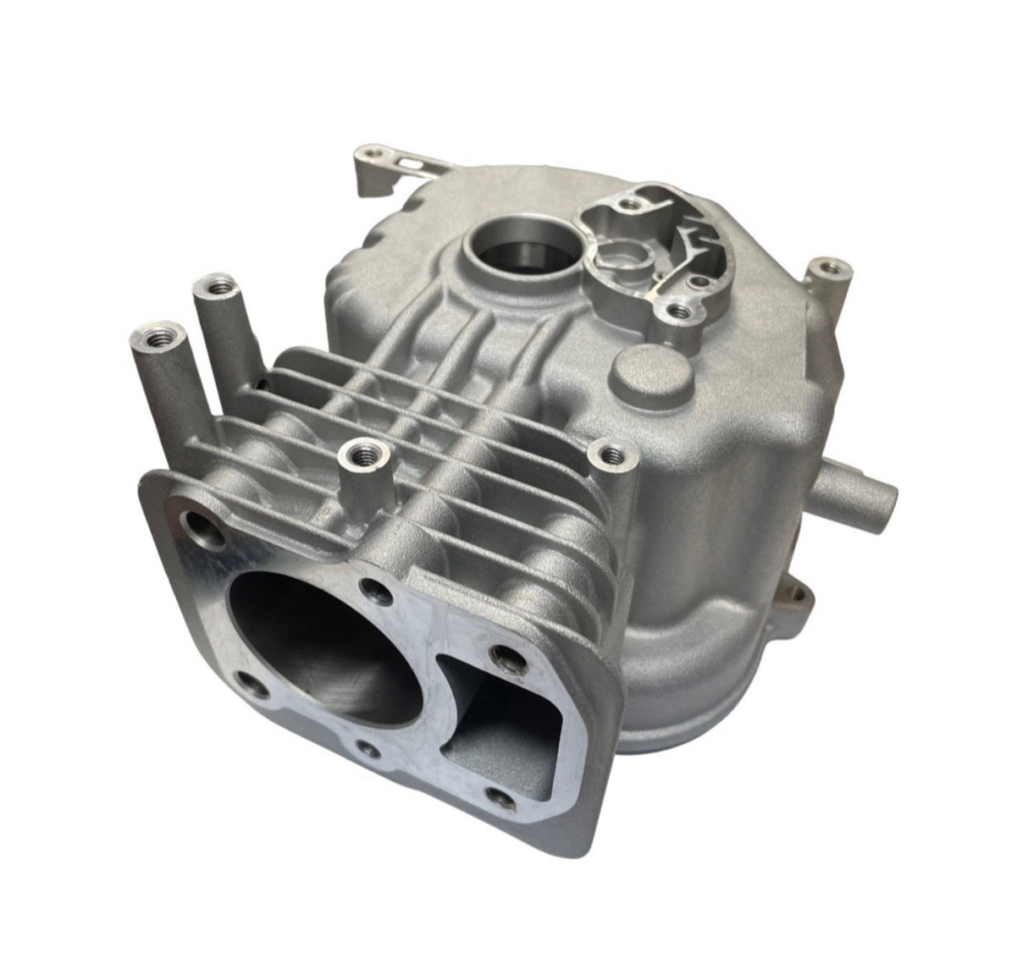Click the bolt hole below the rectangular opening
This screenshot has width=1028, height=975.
click(501, 795)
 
